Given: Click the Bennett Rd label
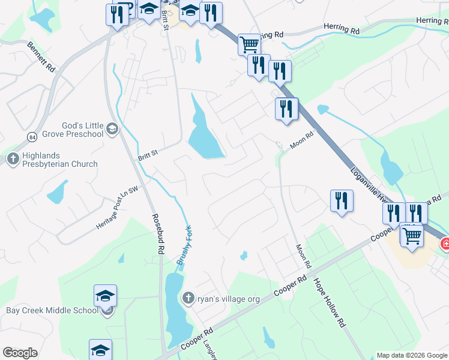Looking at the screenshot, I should point(41,56).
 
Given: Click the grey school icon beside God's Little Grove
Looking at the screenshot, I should point(112,128).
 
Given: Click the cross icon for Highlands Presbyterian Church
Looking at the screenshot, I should point(12,159).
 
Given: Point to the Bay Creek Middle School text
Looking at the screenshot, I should point(52,310).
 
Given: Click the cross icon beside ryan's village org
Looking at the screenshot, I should point(188,298).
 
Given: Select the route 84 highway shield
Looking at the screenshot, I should point(31,137).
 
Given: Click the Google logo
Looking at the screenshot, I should point(20,353).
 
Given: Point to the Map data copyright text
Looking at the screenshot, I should point(411,355).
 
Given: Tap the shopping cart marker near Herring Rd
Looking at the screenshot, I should point(249,44).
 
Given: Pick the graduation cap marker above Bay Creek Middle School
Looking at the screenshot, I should point(105,295).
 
